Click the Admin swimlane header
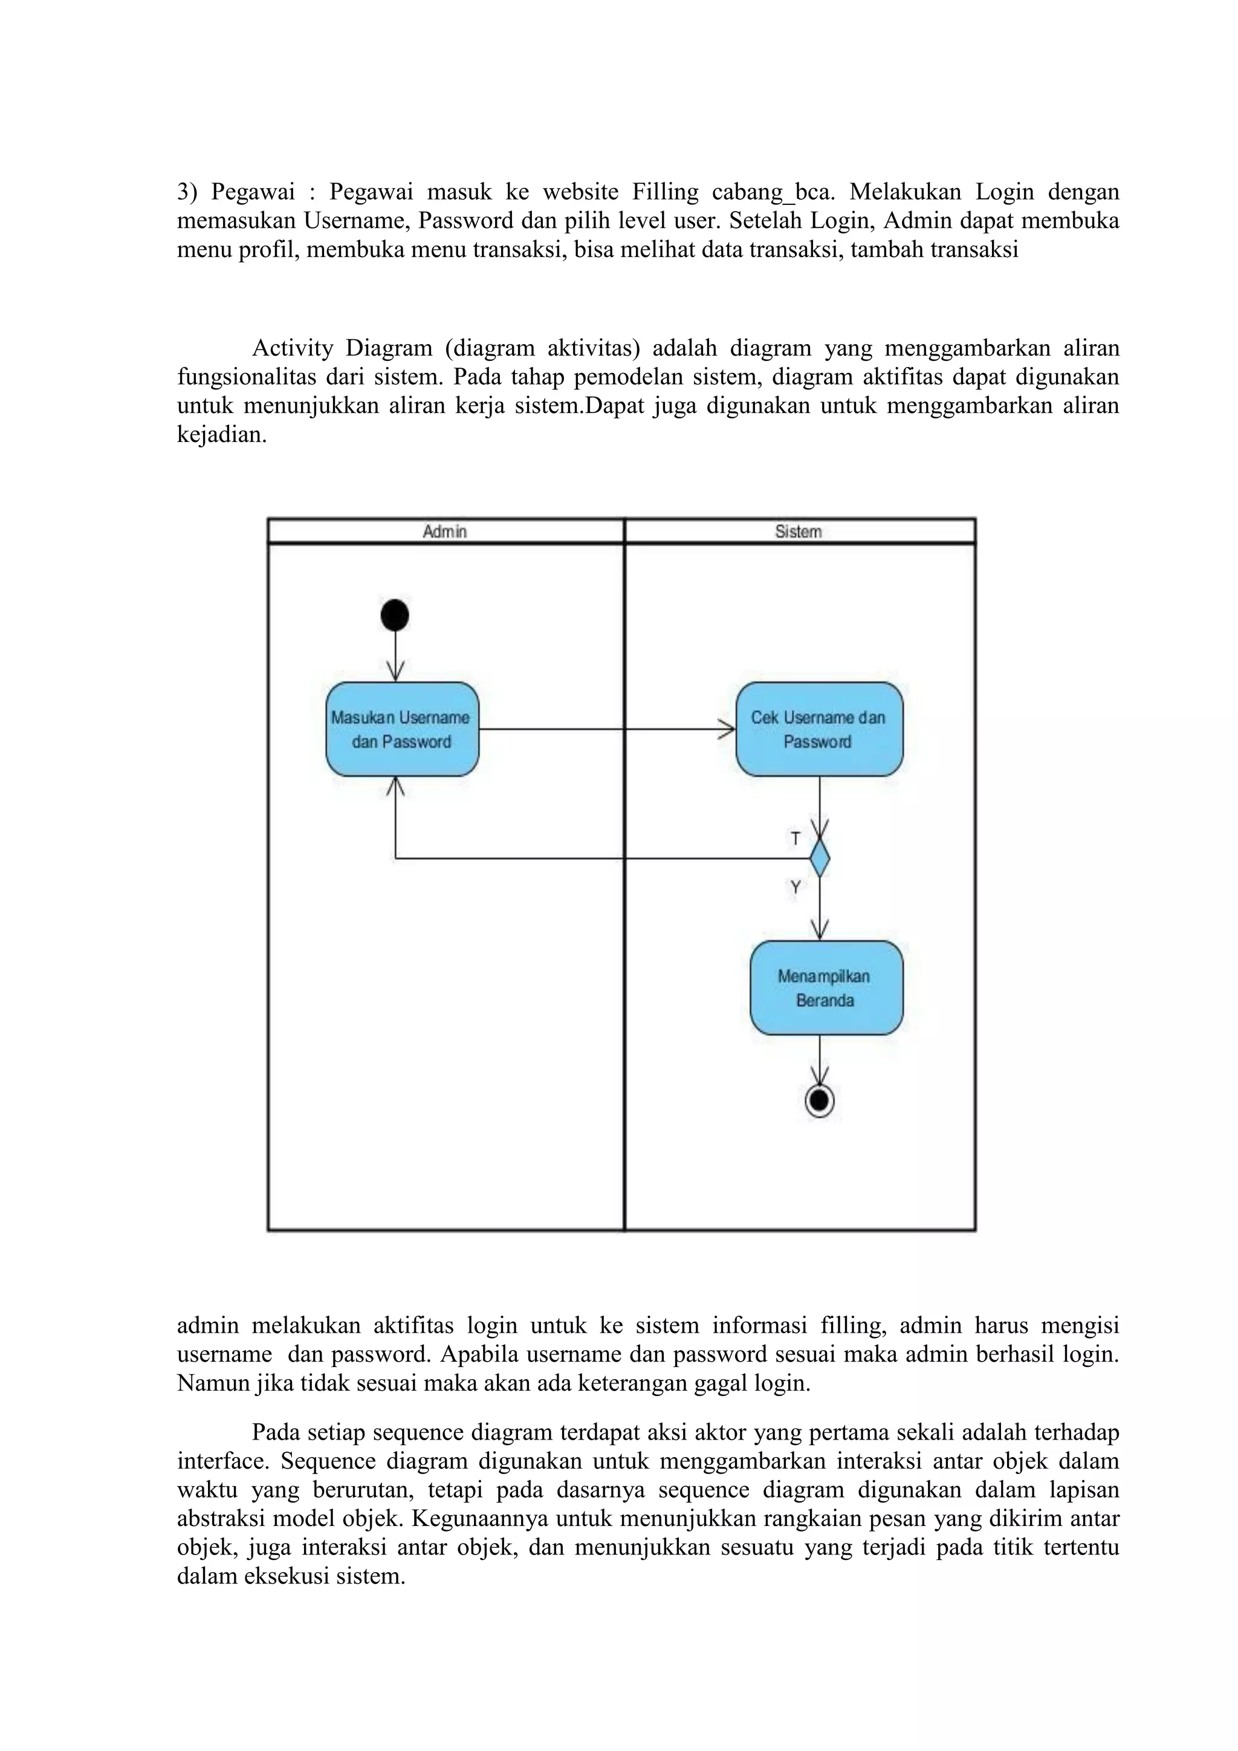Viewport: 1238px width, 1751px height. point(445,531)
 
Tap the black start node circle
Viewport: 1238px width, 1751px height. point(395,615)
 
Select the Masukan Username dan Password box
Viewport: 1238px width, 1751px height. point(402,729)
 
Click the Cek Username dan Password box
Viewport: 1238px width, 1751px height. point(818,729)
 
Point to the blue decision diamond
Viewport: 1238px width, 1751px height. point(820,859)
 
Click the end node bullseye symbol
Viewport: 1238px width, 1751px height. point(820,1101)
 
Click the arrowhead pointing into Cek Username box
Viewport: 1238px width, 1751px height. point(727,730)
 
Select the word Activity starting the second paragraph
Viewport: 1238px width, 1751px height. point(293,348)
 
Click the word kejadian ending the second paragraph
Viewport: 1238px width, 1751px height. point(222,435)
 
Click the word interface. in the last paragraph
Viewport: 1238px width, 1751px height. point(222,1461)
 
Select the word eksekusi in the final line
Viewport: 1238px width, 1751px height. point(290,1576)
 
